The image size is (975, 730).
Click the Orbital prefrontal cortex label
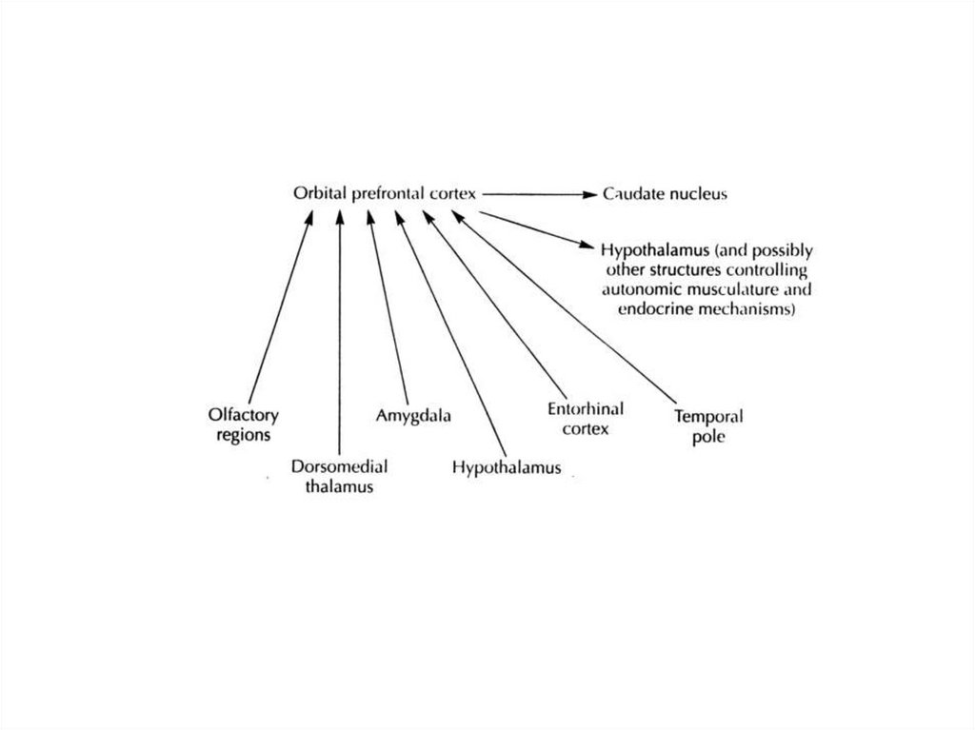(x=384, y=194)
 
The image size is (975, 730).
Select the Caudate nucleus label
(x=666, y=194)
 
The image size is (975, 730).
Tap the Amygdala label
(x=412, y=416)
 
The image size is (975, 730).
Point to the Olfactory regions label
(x=240, y=424)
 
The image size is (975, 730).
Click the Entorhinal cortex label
(x=586, y=419)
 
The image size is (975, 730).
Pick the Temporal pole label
(x=708, y=426)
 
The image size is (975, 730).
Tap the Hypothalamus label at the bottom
(x=507, y=467)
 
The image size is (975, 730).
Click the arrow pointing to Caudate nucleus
(x=538, y=194)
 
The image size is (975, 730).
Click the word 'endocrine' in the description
(x=657, y=309)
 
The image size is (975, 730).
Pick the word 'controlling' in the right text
(x=774, y=270)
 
